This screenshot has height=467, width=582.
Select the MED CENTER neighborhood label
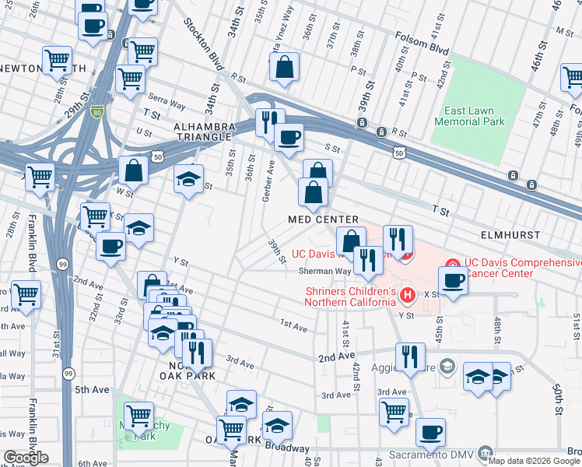click(323, 220)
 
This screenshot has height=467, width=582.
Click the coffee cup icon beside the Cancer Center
click(453, 280)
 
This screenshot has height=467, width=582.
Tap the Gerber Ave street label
click(267, 181)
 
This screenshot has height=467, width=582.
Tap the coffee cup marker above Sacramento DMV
click(430, 432)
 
